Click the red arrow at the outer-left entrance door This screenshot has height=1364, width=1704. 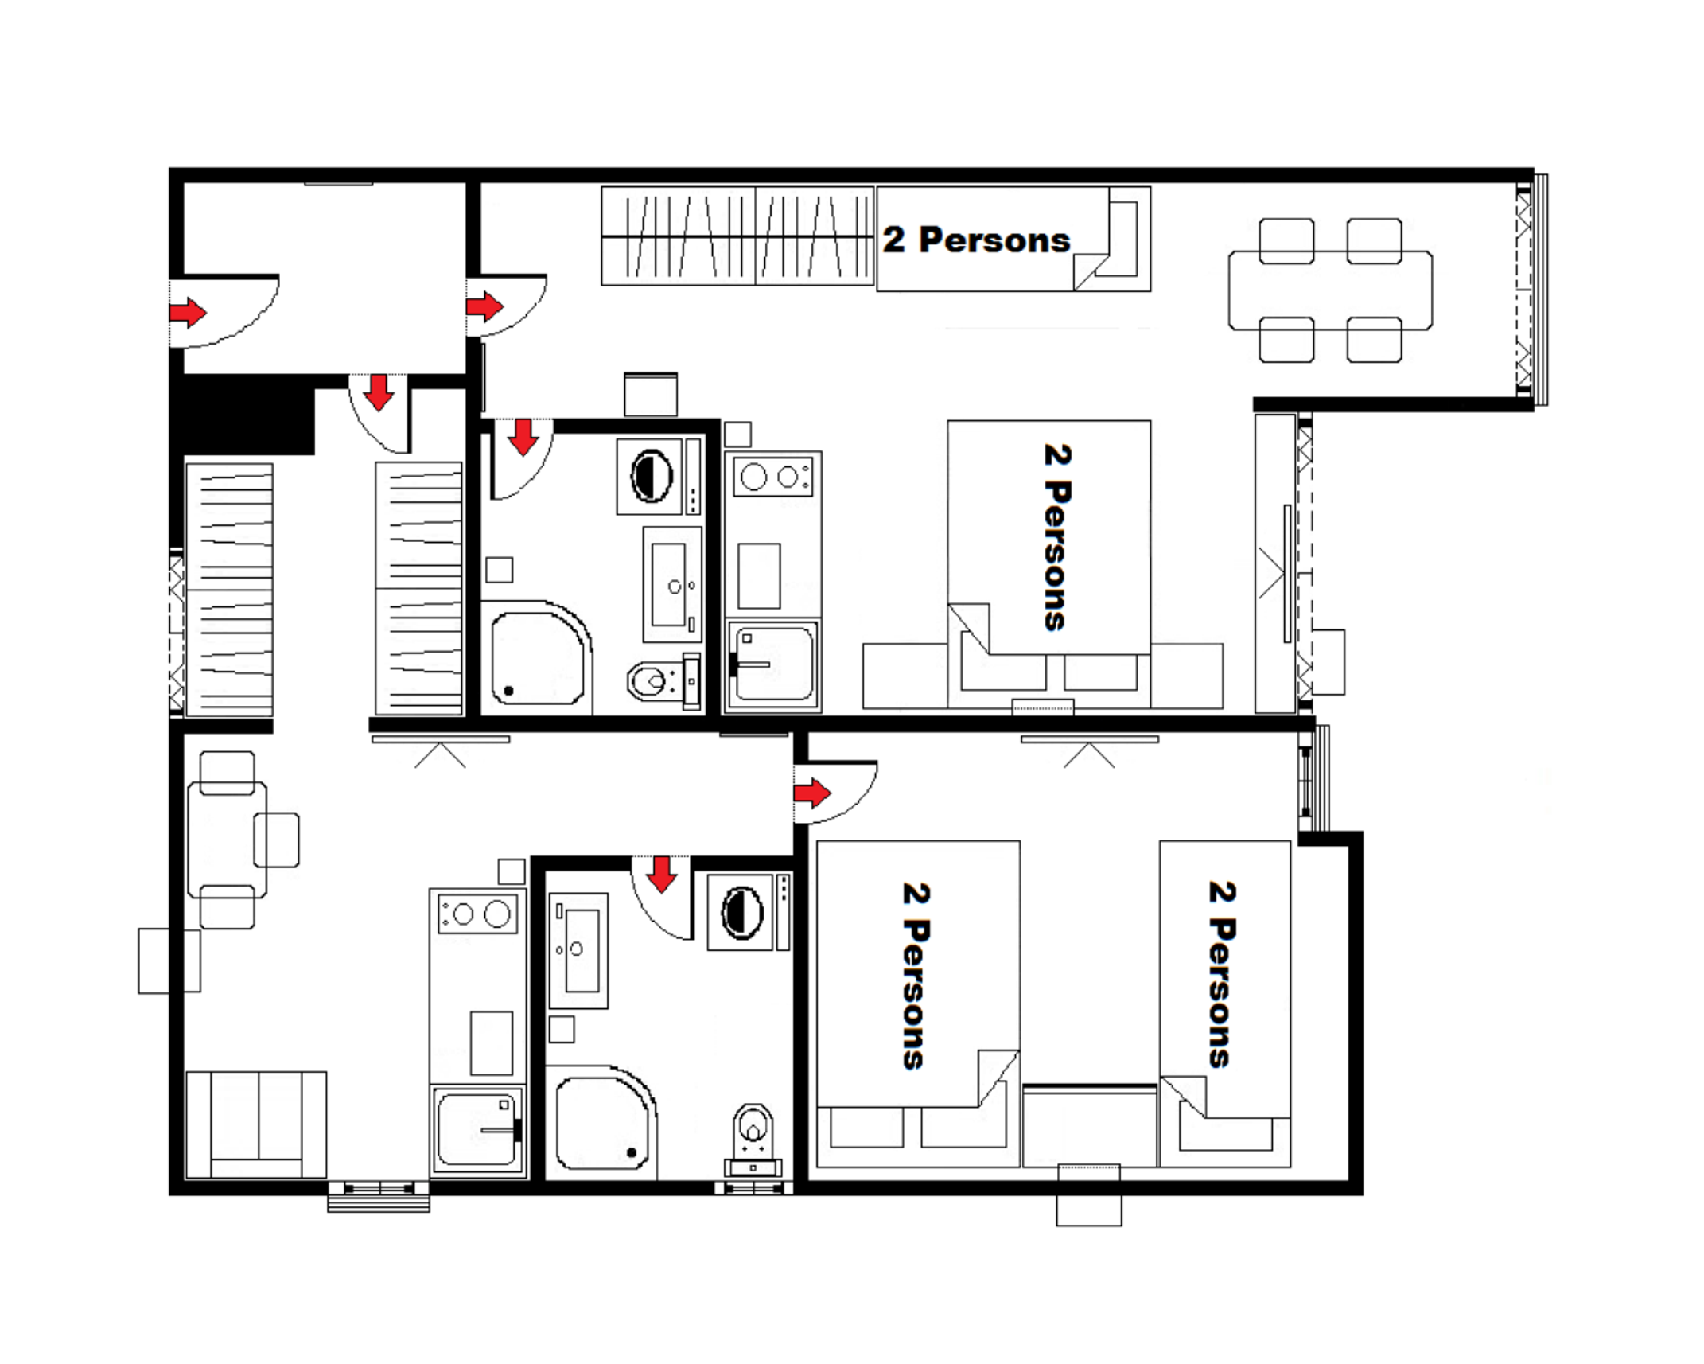click(x=188, y=312)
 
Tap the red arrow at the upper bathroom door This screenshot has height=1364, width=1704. click(x=523, y=437)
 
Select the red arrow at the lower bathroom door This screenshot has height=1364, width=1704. click(x=661, y=874)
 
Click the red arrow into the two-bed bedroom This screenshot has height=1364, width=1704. click(x=812, y=793)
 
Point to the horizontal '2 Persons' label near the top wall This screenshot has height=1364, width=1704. click(x=976, y=240)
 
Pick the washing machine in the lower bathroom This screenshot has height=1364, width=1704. click(x=742, y=912)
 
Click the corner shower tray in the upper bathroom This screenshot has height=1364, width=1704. click(x=537, y=658)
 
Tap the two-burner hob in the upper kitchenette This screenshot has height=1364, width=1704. click(x=772, y=477)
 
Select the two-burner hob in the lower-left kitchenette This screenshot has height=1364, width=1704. click(x=478, y=914)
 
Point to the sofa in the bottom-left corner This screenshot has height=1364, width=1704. click(x=256, y=1124)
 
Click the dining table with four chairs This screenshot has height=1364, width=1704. click(x=1330, y=290)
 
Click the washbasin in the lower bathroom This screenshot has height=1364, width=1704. click(x=579, y=950)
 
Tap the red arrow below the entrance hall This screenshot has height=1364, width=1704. click(x=379, y=392)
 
